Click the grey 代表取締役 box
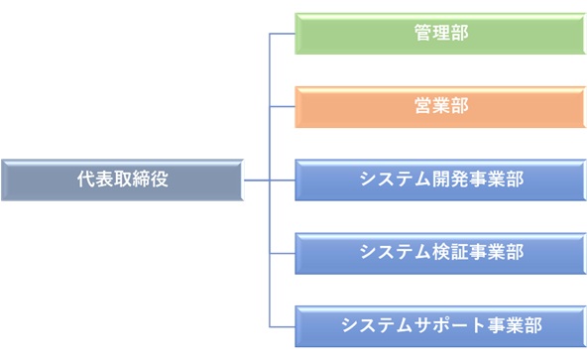tap(122, 180)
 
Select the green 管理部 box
tap(440, 33)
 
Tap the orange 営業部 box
tap(440, 106)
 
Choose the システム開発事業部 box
tap(440, 180)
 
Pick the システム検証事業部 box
tap(440, 252)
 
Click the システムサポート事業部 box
tap(440, 325)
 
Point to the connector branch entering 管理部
tap(283, 33)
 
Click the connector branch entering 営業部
tap(283, 106)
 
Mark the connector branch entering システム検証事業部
tap(283, 252)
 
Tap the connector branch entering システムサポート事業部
tap(283, 325)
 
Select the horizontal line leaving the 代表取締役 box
tap(256, 180)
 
